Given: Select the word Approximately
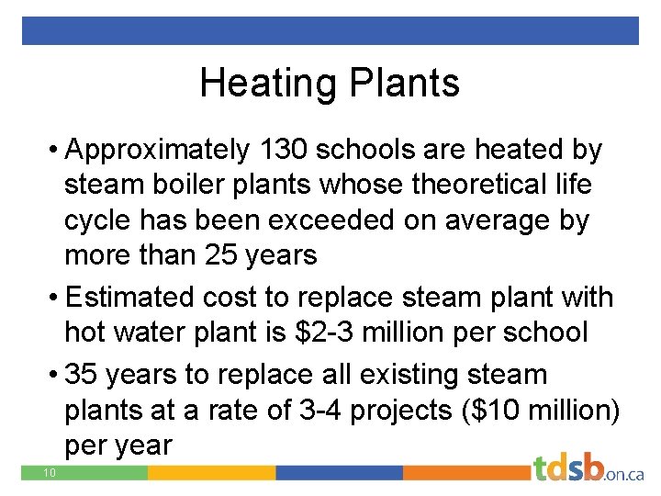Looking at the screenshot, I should [x=157, y=149].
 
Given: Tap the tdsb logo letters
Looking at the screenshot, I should [x=568, y=468].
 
